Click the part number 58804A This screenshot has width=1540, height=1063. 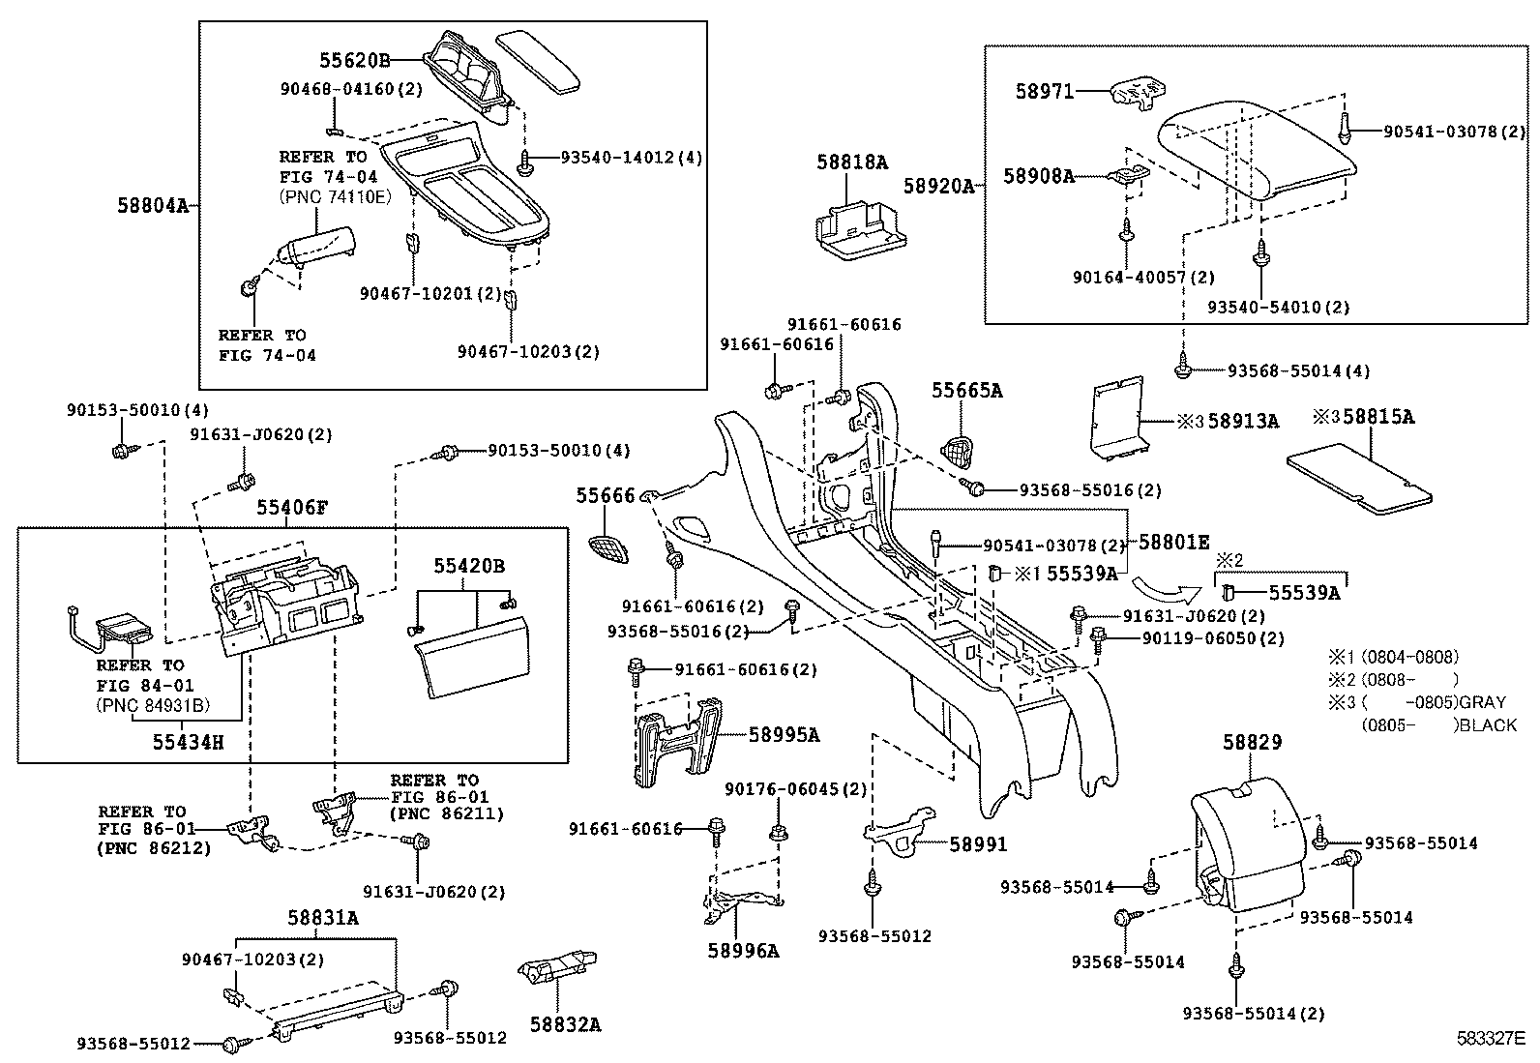[152, 205]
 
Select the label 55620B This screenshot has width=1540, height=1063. [354, 60]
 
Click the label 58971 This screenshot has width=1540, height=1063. [1045, 92]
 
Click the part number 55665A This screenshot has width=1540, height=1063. [966, 391]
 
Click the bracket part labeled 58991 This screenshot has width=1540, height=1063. [900, 829]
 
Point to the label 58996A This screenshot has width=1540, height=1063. [742, 950]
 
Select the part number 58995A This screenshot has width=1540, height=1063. [784, 735]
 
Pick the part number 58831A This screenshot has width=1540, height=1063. [323, 918]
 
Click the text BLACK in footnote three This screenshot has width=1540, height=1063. [1490, 724]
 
